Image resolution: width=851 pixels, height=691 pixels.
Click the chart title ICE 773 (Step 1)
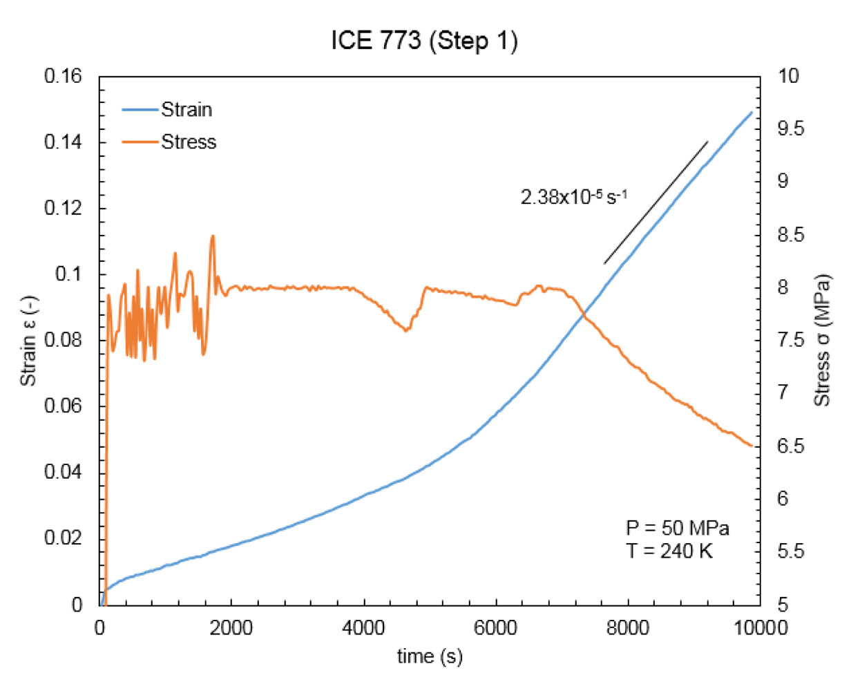(x=424, y=41)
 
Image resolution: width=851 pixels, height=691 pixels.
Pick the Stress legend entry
(x=189, y=142)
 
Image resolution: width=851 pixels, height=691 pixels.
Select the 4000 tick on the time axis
(x=363, y=628)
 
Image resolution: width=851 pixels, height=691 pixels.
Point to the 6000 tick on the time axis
(x=496, y=628)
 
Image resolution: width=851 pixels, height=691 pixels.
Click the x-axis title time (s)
(x=429, y=656)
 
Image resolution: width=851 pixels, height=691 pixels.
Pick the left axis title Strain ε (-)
(x=29, y=340)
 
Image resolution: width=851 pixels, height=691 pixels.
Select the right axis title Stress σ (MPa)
(x=822, y=340)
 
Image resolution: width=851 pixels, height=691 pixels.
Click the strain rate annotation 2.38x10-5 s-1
(x=573, y=198)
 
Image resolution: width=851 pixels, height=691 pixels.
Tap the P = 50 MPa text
(x=678, y=529)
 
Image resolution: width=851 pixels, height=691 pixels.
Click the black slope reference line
(x=656, y=202)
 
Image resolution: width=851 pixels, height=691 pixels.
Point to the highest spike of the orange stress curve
(x=213, y=236)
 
